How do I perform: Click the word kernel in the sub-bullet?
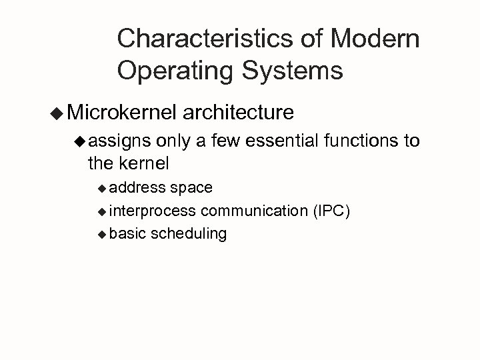143,162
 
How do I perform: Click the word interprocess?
153,211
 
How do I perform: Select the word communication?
254,211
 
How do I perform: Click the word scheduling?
189,234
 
